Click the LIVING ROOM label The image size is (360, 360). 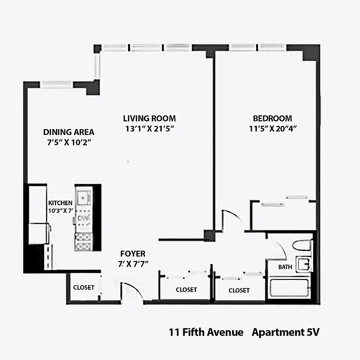coord(149,118)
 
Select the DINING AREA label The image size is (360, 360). coord(68,132)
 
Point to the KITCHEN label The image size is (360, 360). coord(60,203)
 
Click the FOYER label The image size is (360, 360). coord(132,254)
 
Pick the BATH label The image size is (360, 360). coord(285,267)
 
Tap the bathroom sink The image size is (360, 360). coord(303,264)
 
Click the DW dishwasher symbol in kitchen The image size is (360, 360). coord(83,218)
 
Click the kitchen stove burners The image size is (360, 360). coord(83,241)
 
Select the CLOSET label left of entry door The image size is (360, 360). coord(84,287)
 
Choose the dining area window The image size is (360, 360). coord(56,84)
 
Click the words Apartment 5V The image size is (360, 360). coord(286,333)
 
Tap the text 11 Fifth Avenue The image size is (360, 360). coord(206,333)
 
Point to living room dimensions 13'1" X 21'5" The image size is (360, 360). coord(149,128)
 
